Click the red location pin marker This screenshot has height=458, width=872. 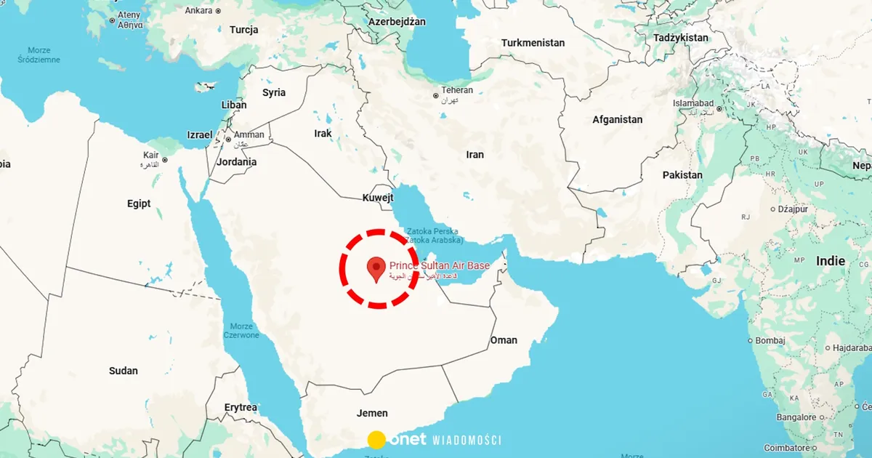coord(376,268)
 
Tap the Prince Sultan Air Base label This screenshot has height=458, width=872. coord(439,266)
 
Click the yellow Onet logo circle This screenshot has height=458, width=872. coord(376,439)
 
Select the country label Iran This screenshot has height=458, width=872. coord(475,154)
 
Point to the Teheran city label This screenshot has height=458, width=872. coord(457,90)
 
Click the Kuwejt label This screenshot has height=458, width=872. coord(378,197)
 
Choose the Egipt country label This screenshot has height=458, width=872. coord(139,204)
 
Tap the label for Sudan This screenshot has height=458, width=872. coord(123,371)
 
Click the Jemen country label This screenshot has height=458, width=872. coord(372,413)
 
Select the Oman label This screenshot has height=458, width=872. coord(504,340)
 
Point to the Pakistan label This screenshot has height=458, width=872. coord(682,175)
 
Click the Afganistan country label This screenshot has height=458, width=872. coord(618,119)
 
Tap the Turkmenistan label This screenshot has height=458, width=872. coord(533,43)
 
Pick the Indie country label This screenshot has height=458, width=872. coord(831,261)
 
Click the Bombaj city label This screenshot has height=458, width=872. coord(770,340)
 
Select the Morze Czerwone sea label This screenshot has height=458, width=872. coord(241,331)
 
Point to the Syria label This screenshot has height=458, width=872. coord(274,92)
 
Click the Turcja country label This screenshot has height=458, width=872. coord(244,30)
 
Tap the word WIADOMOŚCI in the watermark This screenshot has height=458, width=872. coord(467,440)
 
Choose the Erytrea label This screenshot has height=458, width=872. coord(241,408)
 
